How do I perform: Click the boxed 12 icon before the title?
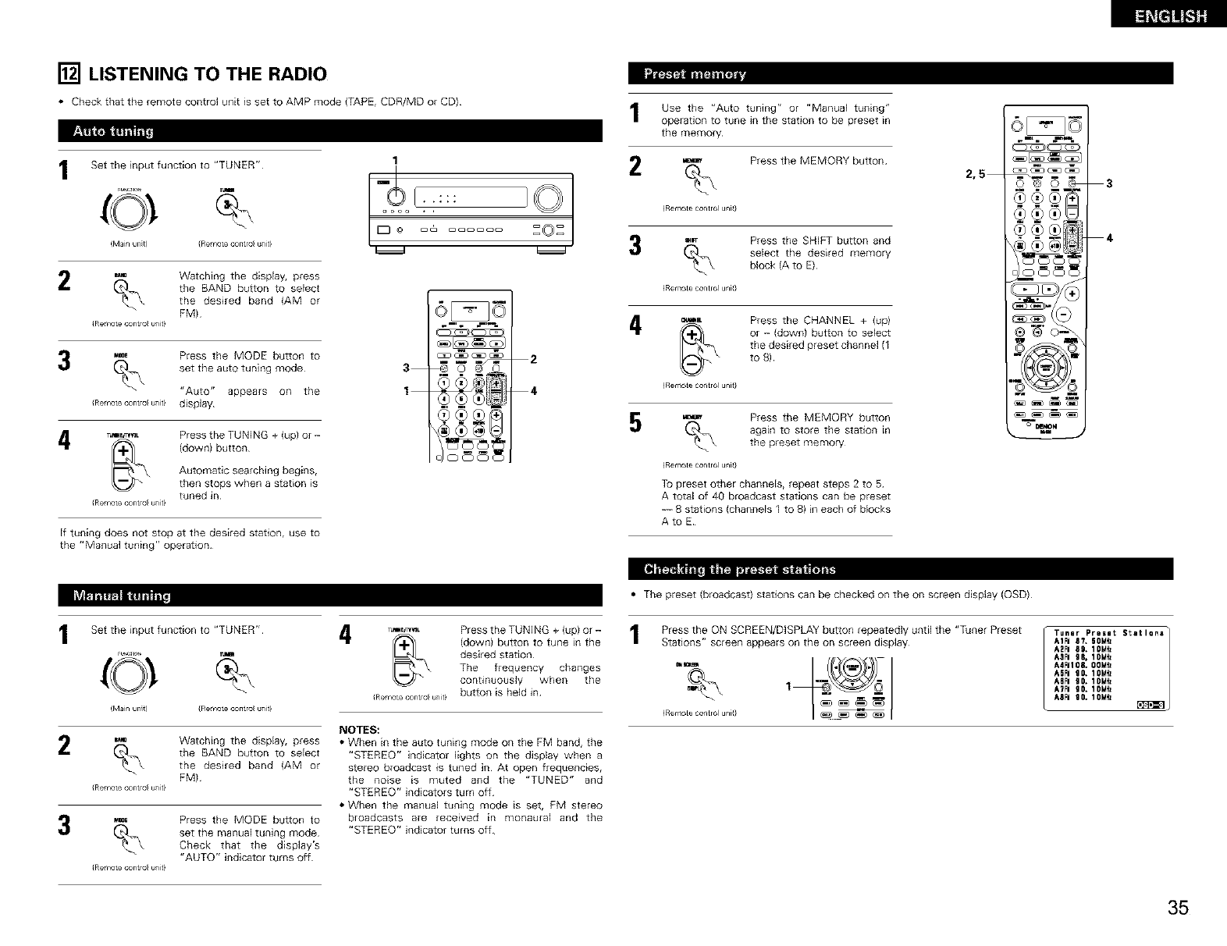[69, 74]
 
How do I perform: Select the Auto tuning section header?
[113, 131]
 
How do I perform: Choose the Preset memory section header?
[694, 74]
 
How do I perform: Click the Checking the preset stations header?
[738, 568]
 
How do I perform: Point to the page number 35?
[1178, 907]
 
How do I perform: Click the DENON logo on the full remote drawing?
[1045, 427]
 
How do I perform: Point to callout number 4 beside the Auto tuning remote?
[533, 391]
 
